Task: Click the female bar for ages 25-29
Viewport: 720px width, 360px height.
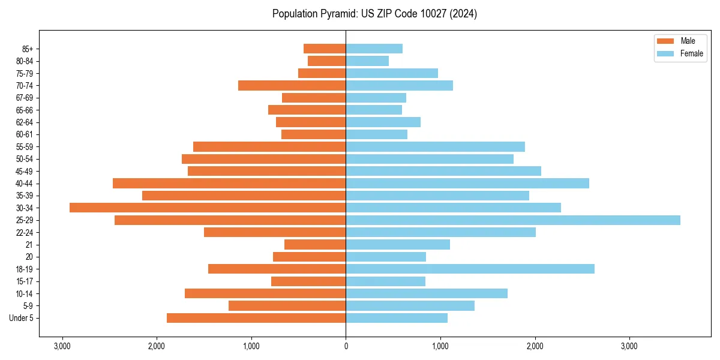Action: (513, 220)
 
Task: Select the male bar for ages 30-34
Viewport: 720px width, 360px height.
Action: (208, 208)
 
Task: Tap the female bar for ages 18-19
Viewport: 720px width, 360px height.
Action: (470, 269)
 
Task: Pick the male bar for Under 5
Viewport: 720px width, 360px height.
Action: (256, 318)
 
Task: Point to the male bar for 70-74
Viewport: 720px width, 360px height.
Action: (292, 85)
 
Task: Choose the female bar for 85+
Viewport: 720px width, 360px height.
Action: (374, 49)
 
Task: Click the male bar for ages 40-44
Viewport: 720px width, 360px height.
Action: (229, 183)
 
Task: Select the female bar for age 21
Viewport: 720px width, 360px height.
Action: (398, 244)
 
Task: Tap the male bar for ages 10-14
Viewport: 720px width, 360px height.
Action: (265, 293)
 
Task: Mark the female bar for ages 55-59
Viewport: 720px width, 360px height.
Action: (435, 146)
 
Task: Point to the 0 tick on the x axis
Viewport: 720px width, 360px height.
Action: (346, 346)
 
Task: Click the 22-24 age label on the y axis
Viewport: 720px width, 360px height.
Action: (25, 232)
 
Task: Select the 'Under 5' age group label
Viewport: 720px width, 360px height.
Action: (21, 318)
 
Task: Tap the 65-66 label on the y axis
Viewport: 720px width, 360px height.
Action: (25, 110)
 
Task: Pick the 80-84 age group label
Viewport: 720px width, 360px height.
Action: (25, 61)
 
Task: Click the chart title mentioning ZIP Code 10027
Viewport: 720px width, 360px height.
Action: (374, 14)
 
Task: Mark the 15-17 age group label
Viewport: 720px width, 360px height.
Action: (25, 281)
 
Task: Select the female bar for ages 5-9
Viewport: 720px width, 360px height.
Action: (410, 305)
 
